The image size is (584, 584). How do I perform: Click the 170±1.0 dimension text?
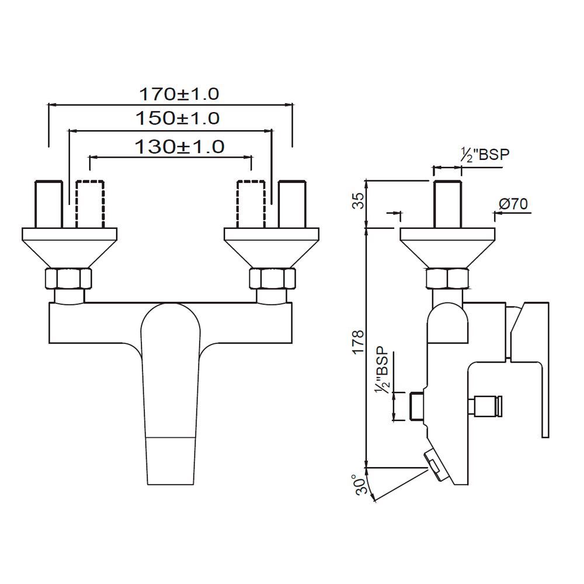point(178,93)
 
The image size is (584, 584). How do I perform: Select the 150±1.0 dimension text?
point(178,119)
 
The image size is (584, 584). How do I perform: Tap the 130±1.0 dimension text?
point(179,146)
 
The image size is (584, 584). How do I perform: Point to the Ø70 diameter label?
point(514,204)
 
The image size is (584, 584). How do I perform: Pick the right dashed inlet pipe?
point(251,203)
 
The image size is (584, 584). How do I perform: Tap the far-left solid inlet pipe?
point(49,203)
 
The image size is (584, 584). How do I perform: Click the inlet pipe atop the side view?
point(447,203)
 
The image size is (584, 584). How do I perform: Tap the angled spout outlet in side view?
point(437,465)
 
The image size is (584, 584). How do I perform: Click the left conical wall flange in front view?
point(69,245)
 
